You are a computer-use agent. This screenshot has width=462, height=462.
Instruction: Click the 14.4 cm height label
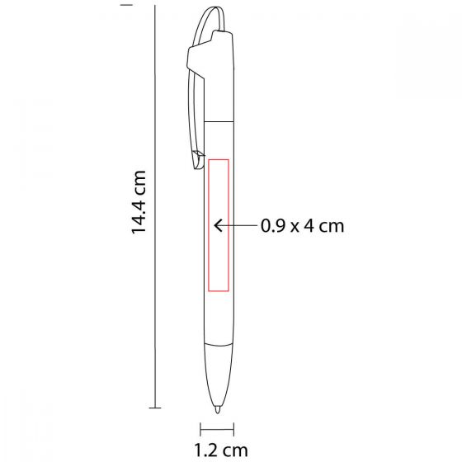(139, 202)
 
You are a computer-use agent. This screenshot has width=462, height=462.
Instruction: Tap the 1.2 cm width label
(221, 450)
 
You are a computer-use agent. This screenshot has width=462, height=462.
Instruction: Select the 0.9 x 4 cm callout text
(302, 226)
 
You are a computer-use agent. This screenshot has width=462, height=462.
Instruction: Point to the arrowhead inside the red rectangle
(217, 226)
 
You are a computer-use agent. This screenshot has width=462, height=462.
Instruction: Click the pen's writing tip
(218, 409)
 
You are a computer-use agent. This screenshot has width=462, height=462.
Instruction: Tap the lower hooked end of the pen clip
(198, 161)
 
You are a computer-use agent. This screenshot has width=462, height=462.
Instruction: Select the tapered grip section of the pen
(219, 375)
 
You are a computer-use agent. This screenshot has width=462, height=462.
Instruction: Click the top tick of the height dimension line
(126, 5)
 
